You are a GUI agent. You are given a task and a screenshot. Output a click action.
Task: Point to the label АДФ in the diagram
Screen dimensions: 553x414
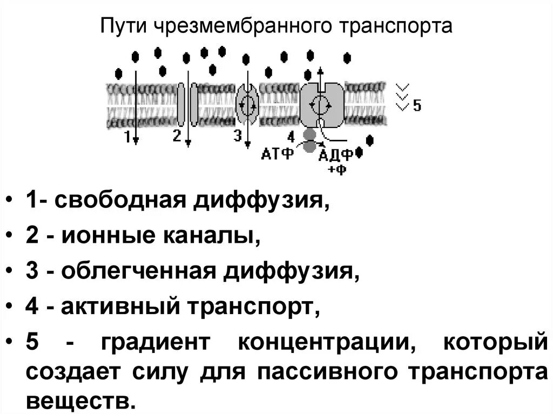336,155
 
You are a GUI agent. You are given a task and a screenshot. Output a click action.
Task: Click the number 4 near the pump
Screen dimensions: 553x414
291,136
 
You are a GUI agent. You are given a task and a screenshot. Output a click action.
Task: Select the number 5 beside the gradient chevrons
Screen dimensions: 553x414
417,105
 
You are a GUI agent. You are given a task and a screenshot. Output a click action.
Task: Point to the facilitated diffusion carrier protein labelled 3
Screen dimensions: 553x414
248,104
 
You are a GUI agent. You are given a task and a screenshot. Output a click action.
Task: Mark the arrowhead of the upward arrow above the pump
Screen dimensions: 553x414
320,70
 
